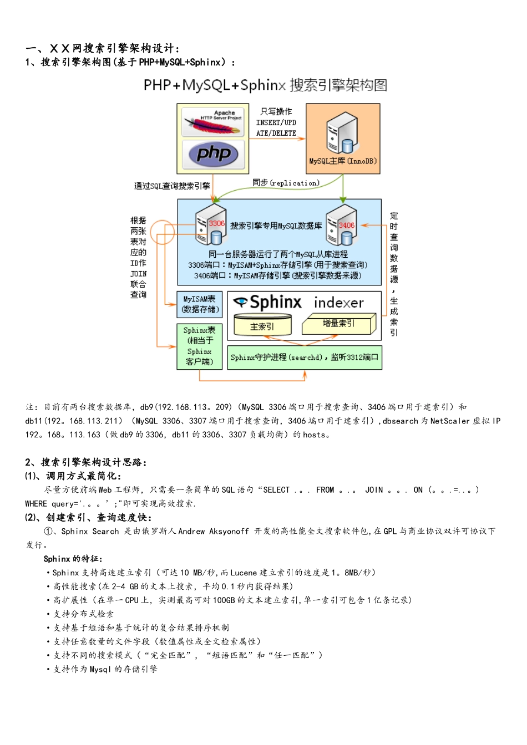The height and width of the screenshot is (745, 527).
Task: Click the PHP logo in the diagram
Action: click(x=214, y=154)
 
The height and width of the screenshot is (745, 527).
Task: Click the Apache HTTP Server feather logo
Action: click(x=214, y=122)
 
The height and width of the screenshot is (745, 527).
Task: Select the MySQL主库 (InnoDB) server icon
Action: click(x=342, y=133)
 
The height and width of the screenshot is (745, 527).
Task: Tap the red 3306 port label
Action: click(x=216, y=223)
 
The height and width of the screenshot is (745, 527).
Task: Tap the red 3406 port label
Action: click(x=346, y=225)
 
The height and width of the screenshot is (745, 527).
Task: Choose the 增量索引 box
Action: click(x=338, y=324)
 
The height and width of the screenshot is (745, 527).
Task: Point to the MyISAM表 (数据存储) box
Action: click(x=200, y=304)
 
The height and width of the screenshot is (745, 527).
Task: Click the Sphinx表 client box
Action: click(x=199, y=346)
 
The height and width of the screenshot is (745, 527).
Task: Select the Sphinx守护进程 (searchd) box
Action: click(x=304, y=358)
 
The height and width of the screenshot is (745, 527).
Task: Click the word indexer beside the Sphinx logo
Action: click(x=338, y=303)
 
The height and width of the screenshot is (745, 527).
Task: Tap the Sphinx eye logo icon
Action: click(x=240, y=302)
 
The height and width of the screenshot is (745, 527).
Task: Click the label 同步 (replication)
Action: click(x=286, y=183)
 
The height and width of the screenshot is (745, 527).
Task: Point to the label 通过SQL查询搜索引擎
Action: click(x=172, y=186)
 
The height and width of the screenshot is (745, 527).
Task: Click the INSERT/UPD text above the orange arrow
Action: click(x=276, y=123)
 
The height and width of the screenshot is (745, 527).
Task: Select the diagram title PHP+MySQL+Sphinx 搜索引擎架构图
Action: click(x=265, y=85)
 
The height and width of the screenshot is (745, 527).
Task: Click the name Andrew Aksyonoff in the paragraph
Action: click(x=214, y=531)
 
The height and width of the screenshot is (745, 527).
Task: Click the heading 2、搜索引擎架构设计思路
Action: click(x=85, y=462)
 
